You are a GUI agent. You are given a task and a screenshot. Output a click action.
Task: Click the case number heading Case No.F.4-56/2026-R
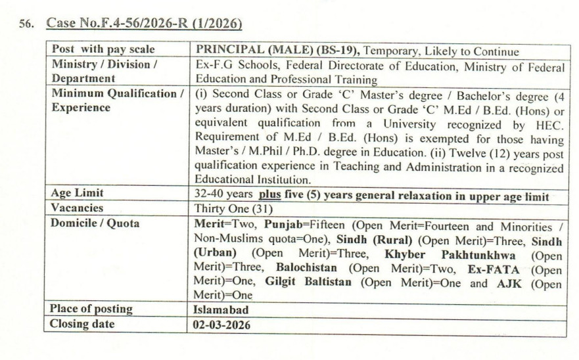144,25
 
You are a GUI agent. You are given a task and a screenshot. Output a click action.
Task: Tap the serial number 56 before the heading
28,26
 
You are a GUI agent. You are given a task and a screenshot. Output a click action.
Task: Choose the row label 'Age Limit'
78,194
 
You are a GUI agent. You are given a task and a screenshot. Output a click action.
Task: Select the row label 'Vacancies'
78,208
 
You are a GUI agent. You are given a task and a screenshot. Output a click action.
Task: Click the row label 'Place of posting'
91,309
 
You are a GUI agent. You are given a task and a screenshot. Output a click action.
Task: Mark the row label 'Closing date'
82,324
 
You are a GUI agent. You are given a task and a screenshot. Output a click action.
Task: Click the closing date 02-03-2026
221,325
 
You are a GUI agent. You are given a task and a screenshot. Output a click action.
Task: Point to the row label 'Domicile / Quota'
95,223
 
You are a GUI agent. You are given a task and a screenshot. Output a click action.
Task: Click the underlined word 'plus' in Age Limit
269,195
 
